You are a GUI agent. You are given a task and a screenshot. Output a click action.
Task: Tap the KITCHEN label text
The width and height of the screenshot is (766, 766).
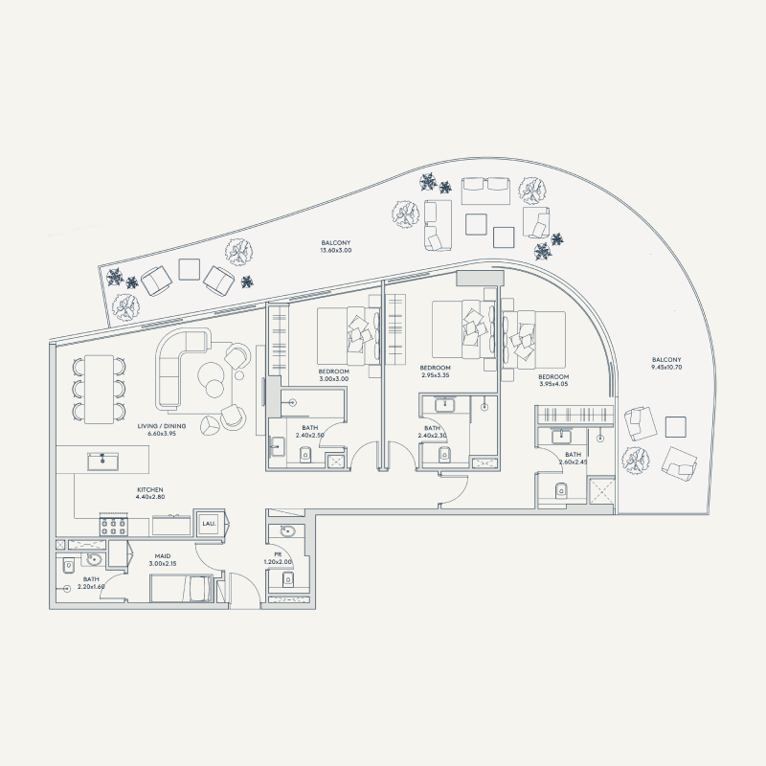[x=150, y=492]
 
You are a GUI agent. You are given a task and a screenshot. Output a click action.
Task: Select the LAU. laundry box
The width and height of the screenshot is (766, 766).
[x=209, y=524]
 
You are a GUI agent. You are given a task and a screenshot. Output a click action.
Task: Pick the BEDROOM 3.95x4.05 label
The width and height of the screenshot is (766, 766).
[x=552, y=381]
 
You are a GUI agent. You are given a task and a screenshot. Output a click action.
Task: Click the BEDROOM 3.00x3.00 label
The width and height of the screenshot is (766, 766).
[x=334, y=374]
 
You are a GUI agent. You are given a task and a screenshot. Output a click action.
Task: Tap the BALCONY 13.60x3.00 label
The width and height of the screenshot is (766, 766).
[x=336, y=246]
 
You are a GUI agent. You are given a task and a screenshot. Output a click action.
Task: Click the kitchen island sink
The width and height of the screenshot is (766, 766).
[x=102, y=462]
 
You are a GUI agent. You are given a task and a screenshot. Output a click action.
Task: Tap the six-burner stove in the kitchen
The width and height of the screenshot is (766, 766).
[x=114, y=526]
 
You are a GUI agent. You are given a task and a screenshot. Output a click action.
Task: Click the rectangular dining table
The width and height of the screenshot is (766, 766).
[x=100, y=388]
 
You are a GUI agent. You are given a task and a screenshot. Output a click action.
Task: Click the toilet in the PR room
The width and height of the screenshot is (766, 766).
[x=284, y=579]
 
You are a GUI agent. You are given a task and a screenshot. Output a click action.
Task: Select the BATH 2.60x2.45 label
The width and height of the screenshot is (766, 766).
[x=573, y=459]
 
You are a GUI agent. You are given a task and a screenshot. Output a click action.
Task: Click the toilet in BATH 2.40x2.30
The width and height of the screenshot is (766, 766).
[x=442, y=454]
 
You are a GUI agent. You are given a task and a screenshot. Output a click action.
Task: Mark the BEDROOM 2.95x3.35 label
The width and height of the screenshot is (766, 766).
[x=436, y=372]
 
